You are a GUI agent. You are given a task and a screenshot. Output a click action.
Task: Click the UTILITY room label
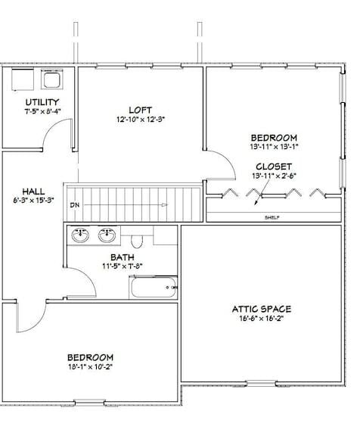pyautogui.click(x=42, y=102)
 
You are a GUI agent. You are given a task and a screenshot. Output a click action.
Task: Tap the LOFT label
pyautogui.click(x=140, y=110)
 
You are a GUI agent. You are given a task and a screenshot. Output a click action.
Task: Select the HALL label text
pyautogui.click(x=33, y=191)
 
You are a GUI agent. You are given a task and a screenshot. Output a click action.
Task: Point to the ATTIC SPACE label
pyautogui.click(x=261, y=309)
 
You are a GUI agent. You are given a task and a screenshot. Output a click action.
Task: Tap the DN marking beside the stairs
pyautogui.click(x=74, y=205)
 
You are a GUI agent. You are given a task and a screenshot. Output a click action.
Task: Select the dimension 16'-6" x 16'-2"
pyautogui.click(x=261, y=319)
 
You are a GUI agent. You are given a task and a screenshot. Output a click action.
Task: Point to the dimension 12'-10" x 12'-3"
pyautogui.click(x=140, y=120)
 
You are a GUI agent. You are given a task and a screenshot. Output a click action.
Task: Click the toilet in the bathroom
pyautogui.click(x=137, y=240)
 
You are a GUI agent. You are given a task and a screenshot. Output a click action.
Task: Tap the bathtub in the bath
pyautogui.click(x=154, y=287)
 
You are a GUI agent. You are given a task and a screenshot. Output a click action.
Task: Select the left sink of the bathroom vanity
pyautogui.click(x=80, y=235)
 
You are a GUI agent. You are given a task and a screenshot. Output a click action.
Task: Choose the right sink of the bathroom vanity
pyautogui.click(x=107, y=235)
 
